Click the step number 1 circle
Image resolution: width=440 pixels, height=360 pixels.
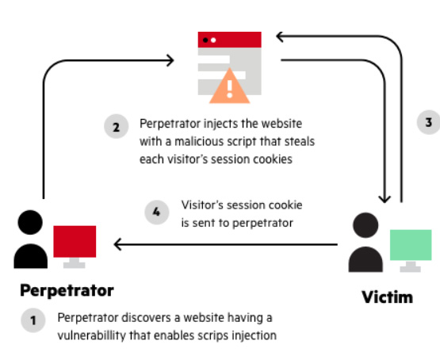pos(33,320)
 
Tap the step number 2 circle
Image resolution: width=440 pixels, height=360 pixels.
pos(117,126)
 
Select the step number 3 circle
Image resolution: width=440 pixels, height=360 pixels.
pos(429,122)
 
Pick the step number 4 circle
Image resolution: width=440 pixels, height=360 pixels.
pos(157,213)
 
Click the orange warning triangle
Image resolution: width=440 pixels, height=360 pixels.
pos(230,87)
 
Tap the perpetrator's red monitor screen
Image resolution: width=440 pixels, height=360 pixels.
pos(75,241)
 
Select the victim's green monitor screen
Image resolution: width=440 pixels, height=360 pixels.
pos(411,245)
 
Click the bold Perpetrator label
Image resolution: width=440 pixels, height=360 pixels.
pos(67,291)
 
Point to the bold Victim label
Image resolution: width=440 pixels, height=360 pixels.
pos(387,297)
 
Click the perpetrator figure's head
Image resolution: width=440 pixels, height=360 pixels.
pos(30,222)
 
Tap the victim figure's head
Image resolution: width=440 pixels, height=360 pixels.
pos(365,225)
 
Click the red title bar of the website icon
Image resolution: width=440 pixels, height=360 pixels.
pos(230,40)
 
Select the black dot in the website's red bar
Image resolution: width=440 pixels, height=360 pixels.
pos(205,40)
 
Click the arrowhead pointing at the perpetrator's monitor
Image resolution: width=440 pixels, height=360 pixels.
pos(117,244)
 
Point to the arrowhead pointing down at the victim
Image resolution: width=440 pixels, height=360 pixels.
pos(385,199)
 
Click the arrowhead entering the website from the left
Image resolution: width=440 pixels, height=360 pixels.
pos(170,60)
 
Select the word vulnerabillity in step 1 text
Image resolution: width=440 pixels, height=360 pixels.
pos(92,335)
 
